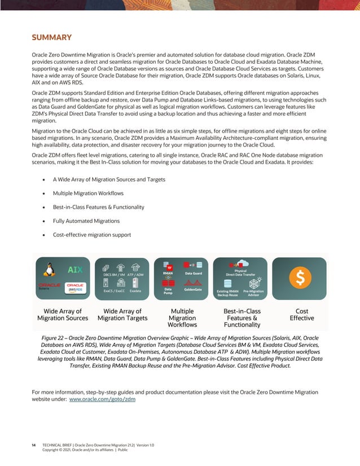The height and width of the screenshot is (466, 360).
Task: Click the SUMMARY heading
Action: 51,38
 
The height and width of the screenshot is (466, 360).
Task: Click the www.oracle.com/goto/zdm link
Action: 102,399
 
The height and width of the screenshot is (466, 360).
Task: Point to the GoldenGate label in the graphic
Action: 194,289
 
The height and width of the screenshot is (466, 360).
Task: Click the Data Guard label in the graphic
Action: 194,273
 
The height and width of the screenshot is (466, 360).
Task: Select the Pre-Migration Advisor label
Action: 253,293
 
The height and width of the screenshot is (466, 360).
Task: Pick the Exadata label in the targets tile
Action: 135,291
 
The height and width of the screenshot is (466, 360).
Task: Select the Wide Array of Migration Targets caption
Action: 122,314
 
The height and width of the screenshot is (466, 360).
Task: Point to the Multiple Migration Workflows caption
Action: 182,318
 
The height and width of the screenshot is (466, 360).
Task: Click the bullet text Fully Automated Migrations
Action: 86,221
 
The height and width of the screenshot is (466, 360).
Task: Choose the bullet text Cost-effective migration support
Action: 92,235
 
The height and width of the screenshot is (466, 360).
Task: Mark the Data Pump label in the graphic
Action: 168,291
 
